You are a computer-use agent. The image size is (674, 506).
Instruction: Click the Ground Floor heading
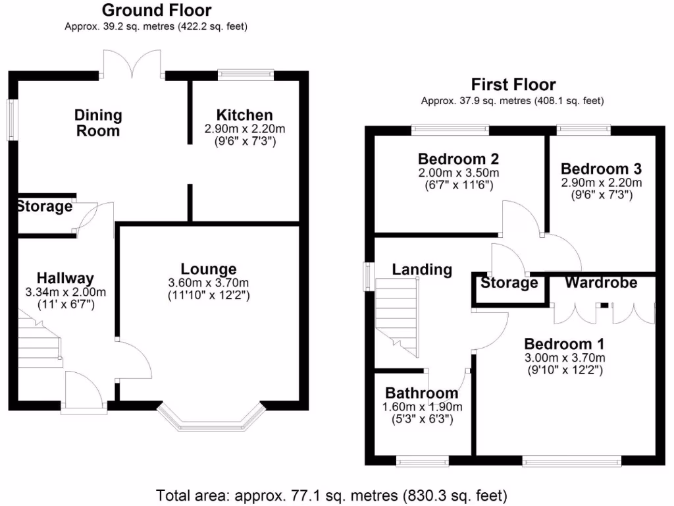pos(157,11)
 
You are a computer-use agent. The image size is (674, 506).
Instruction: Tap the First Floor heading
pos(513,85)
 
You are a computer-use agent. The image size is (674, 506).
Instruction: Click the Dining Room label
pos(97,123)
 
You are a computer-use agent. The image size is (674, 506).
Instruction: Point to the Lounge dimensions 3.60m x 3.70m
pos(209,283)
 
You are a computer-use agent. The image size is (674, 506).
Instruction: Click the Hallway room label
pos(65,278)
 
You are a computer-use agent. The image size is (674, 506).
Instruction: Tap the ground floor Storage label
pos(44,207)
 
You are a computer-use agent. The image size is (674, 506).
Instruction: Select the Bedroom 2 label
pos(458,159)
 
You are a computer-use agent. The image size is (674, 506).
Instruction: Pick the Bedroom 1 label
pos(564,344)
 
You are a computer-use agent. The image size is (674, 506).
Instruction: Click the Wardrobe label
pos(601,283)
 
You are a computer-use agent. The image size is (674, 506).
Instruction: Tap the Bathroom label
pos(422,393)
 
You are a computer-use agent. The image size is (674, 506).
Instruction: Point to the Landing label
pos(422,269)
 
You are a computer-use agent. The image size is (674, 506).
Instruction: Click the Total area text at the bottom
pos(332,494)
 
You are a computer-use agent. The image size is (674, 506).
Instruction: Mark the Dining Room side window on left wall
pos(12,119)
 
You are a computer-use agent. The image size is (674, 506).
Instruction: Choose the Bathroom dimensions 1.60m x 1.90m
pos(422,407)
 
